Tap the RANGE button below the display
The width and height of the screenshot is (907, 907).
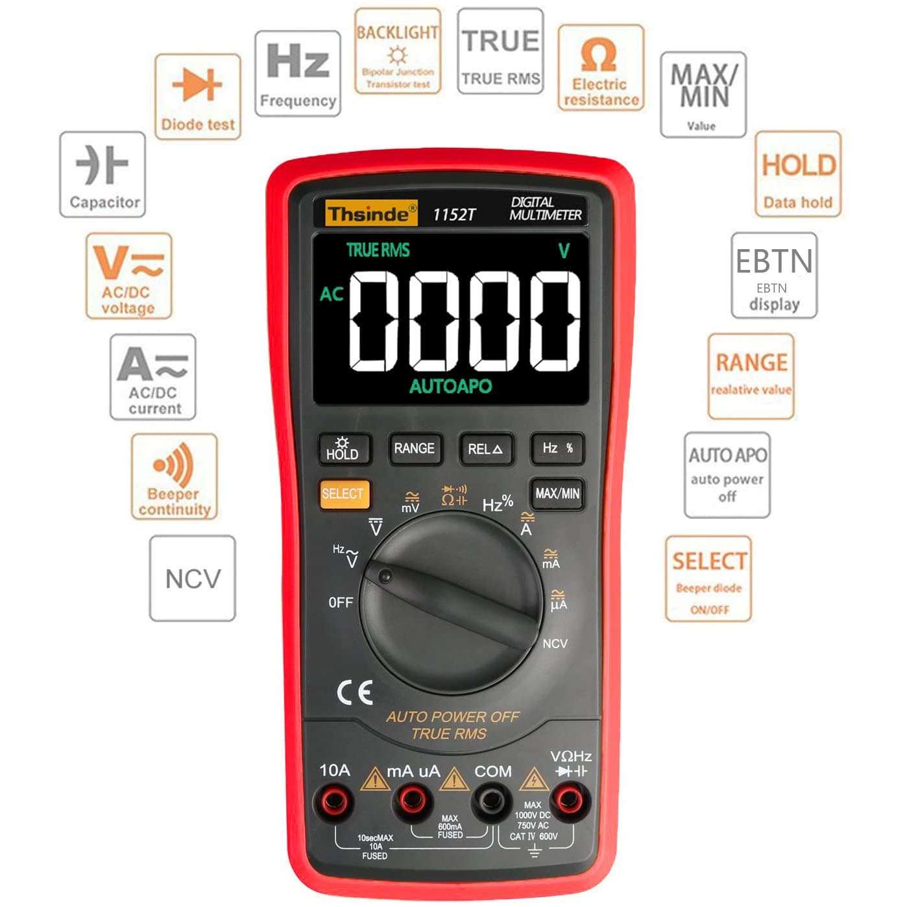415,448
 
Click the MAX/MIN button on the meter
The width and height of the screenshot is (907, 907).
557,494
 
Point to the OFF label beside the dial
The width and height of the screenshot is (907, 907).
341,603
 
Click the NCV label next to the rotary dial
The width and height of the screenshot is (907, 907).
555,644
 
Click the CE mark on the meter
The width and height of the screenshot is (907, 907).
355,693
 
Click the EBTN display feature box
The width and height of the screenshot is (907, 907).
774,275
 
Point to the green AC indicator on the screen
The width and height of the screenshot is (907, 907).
331,294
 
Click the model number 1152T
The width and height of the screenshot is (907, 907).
454,215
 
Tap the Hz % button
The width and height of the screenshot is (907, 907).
557,448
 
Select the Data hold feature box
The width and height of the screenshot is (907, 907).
798,174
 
